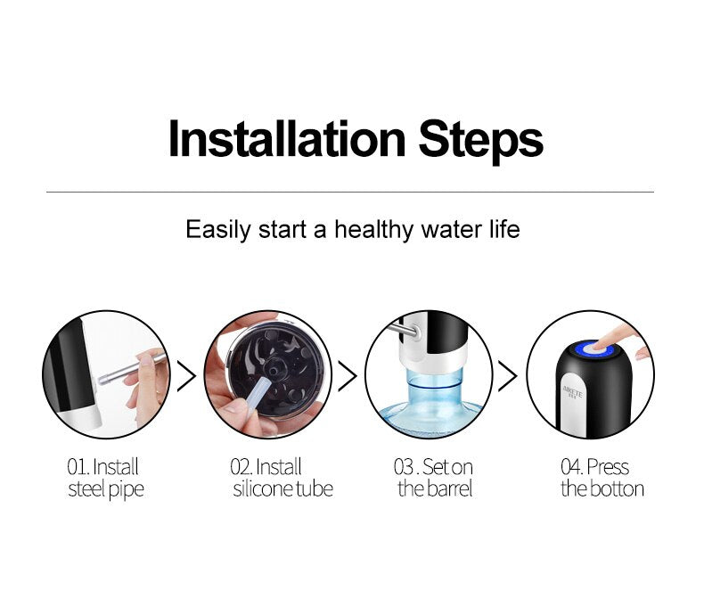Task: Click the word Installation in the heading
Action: click(287, 139)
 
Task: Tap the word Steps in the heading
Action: click(481, 142)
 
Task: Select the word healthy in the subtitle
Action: click(373, 230)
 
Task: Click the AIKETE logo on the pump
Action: click(572, 391)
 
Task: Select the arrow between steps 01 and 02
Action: click(186, 375)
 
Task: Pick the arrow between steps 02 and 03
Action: click(347, 375)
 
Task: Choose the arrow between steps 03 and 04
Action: click(508, 375)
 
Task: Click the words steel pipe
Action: click(106, 489)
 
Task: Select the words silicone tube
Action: click(282, 488)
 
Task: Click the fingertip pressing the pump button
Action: click(601, 345)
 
